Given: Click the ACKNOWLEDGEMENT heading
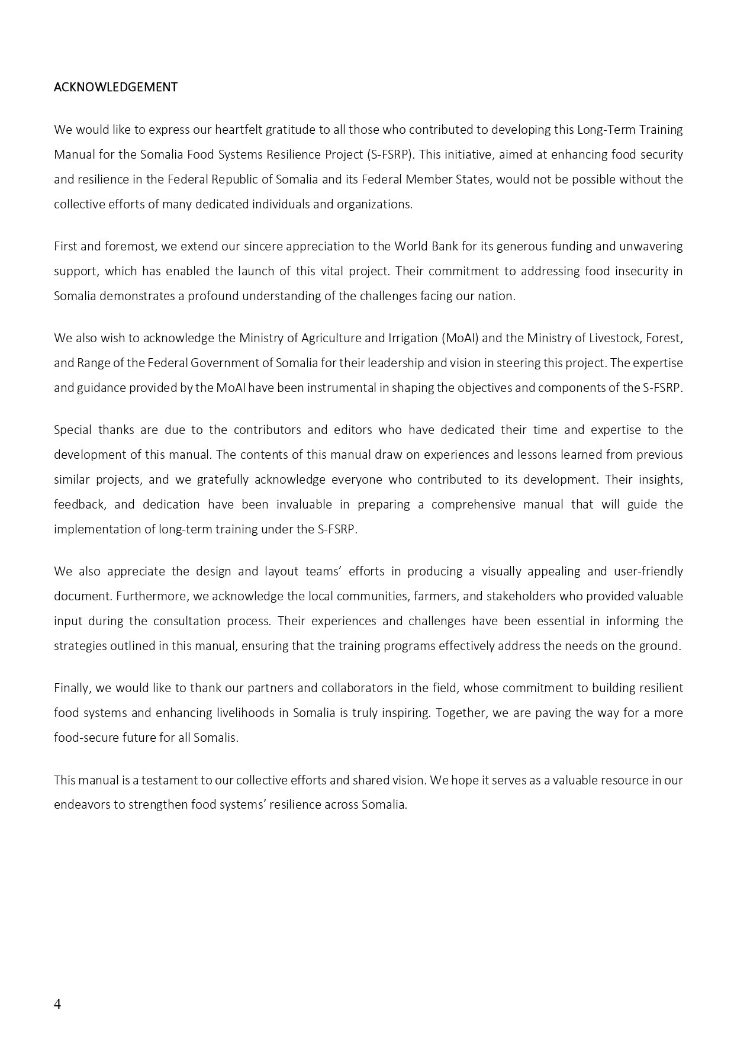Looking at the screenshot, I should pos(115,87).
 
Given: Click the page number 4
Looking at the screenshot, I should pos(57,1003).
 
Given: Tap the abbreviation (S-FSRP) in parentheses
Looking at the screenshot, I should pos(390,155).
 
